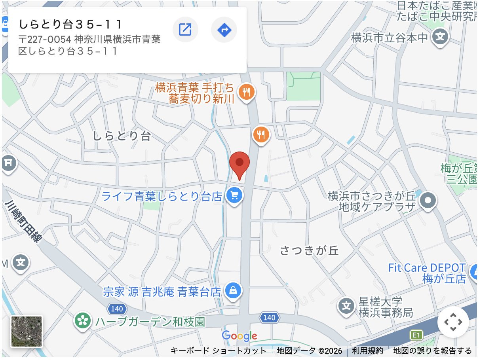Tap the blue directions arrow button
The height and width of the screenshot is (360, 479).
pos(224,29)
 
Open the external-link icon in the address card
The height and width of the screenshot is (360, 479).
pos(185,29)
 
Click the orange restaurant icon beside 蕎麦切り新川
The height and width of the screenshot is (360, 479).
pos(247,93)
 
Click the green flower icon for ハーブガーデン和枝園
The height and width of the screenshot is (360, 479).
pos(83,320)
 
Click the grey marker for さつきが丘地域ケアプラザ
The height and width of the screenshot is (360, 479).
pos(428,201)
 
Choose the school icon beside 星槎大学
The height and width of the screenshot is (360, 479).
pos(347,306)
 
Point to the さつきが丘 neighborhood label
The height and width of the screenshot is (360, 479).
pos(310,250)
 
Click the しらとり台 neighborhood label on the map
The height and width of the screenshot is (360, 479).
pos(122,136)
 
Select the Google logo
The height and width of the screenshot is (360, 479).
pos(239,336)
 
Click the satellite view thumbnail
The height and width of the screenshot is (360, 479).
pos(27,332)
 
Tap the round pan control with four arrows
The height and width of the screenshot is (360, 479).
pos(453,322)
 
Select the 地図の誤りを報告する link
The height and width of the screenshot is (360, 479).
pos(432,351)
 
